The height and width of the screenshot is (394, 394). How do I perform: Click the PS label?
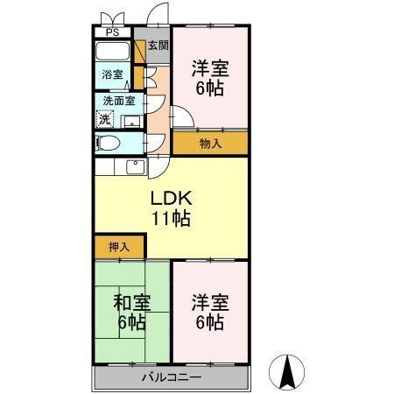click(111, 33)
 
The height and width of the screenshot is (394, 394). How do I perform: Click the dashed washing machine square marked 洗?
click(105, 118)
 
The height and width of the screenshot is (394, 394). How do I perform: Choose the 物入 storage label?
click(209, 142)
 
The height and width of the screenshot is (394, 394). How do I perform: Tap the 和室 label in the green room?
click(131, 304)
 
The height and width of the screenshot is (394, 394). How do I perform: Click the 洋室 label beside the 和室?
click(210, 304)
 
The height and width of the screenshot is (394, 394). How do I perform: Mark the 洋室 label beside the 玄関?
click(210, 68)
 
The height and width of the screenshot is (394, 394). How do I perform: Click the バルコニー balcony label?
click(172, 378)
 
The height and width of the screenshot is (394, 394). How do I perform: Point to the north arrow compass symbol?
click(285, 372)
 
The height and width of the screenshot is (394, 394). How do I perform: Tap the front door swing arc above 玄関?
click(158, 16)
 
